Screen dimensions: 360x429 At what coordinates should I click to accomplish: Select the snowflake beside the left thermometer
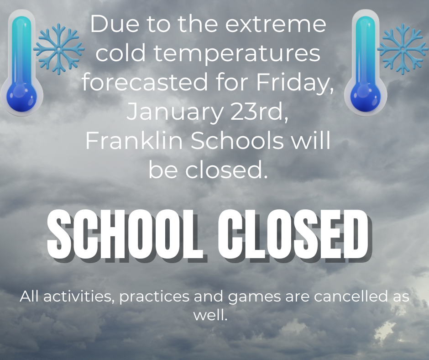point(59,49)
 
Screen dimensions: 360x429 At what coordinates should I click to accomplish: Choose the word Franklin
point(135,142)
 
